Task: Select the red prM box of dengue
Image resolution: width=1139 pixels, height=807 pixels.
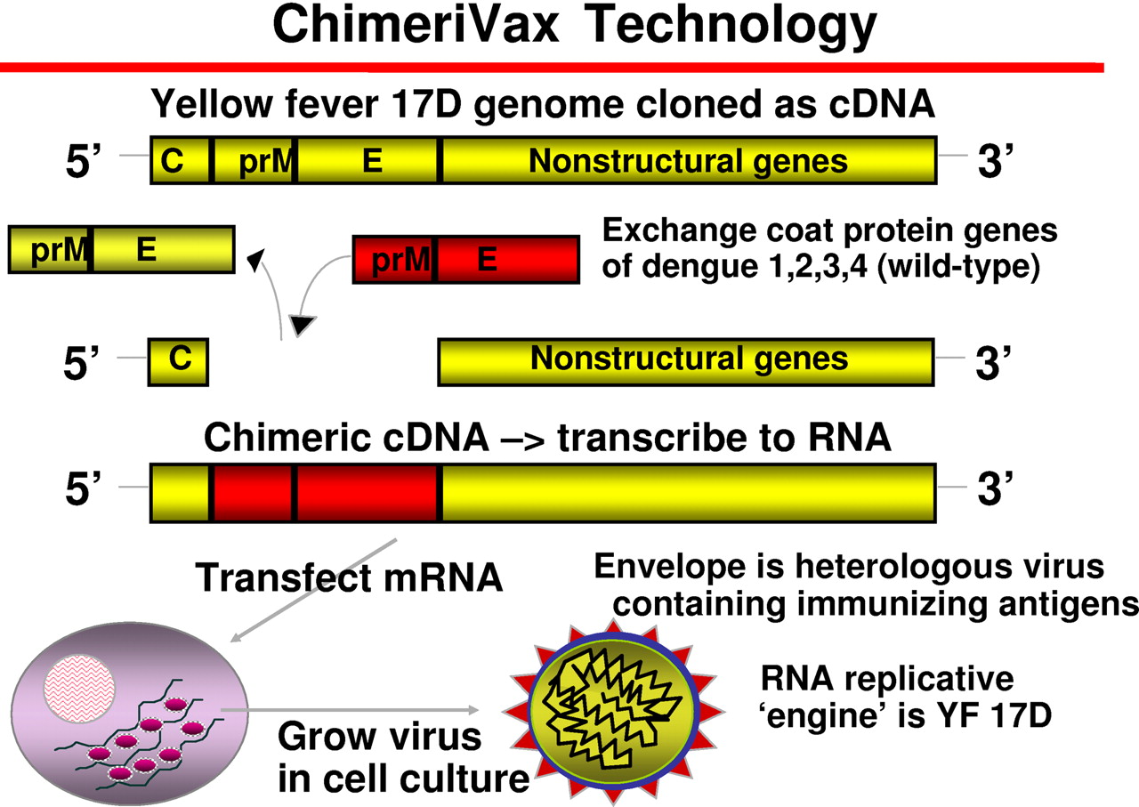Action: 393,260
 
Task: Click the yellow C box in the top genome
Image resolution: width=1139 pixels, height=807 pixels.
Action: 180,161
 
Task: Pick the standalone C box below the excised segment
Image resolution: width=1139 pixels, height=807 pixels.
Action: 179,360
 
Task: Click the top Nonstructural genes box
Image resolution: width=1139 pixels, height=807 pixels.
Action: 689,161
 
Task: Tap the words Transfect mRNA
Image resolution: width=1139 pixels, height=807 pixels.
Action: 349,578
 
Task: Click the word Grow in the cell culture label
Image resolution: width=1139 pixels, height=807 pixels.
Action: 327,738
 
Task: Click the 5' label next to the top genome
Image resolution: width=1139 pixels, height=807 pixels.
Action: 86,164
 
